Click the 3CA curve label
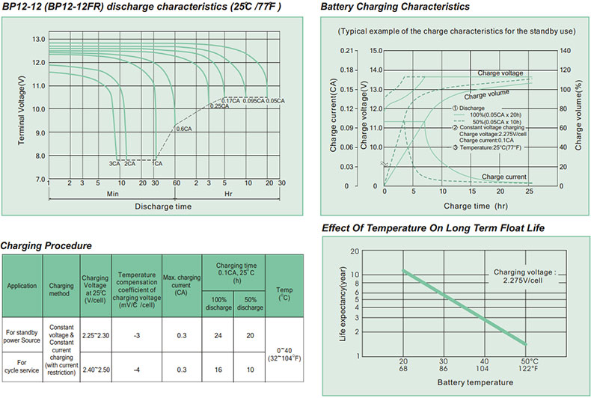(114, 163)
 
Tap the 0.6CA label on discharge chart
(184, 128)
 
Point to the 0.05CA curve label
(276, 99)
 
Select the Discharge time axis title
(162, 206)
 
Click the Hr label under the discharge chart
(229, 192)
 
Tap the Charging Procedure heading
(46, 245)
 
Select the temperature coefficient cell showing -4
(135, 369)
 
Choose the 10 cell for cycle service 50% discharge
(249, 369)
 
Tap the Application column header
(22, 286)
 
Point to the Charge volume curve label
(486, 95)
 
